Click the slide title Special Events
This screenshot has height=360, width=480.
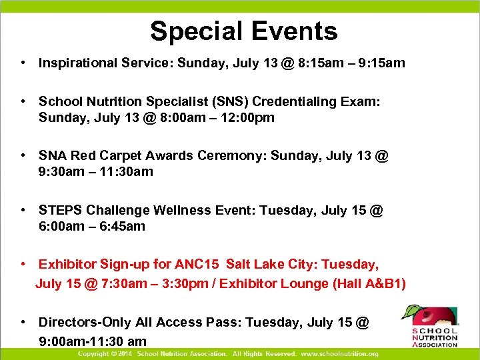(x=243, y=31)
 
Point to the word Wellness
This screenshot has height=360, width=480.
(x=183, y=210)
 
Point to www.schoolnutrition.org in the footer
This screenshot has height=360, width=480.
(x=339, y=354)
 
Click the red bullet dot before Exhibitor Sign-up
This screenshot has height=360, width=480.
(x=23, y=264)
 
